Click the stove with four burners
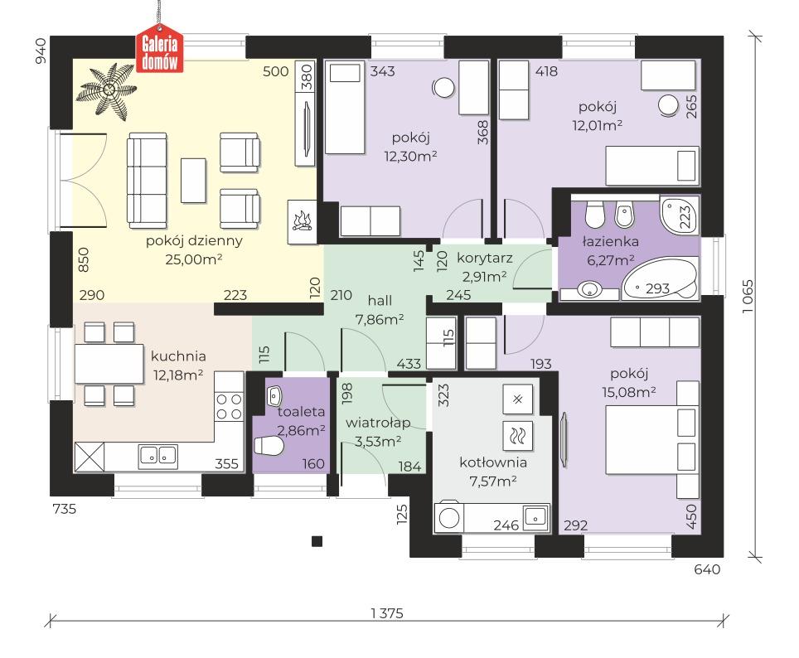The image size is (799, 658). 229,405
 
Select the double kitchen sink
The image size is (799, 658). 157,454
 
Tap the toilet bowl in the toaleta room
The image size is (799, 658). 269,448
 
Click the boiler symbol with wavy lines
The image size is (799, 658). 518,433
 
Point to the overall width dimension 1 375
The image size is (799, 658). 388,613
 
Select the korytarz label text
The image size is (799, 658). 485,258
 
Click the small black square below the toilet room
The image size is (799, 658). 316,542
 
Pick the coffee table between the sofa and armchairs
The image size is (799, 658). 194,180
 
